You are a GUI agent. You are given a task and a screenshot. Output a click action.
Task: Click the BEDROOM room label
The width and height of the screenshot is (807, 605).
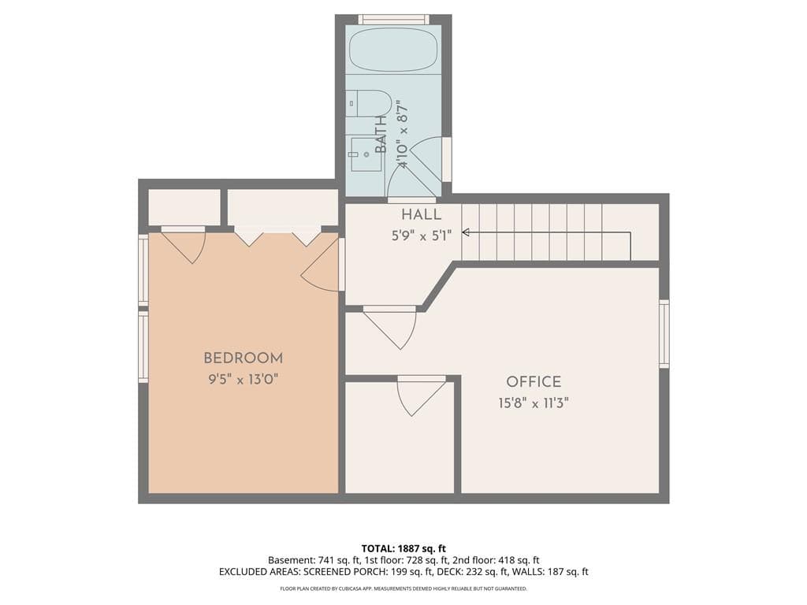click(x=244, y=358)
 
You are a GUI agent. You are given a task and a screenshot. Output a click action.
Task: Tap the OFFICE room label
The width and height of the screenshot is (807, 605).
click(x=534, y=382)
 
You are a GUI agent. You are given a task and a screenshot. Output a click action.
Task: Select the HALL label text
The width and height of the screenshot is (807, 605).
click(x=421, y=214)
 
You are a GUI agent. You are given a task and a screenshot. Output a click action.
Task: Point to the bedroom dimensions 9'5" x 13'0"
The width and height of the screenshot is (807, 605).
click(x=244, y=380)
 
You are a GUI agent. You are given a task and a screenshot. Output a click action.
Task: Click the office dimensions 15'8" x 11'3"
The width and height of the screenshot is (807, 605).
click(x=534, y=403)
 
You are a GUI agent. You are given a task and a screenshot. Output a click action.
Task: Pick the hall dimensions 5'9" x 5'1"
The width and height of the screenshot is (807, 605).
click(x=422, y=236)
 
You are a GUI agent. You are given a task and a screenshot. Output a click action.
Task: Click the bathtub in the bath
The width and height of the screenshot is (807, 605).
click(x=394, y=50)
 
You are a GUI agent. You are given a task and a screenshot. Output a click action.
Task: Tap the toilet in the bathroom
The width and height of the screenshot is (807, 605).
click(x=369, y=103)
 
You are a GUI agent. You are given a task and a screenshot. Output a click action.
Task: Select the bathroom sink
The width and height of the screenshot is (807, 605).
click(x=366, y=154)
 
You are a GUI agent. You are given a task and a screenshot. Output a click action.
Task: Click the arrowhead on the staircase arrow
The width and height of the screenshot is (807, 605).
click(x=465, y=232)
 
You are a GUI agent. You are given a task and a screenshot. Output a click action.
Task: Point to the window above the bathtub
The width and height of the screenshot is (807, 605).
click(x=394, y=20)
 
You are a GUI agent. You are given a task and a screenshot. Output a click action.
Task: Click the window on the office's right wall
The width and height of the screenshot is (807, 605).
click(x=664, y=334)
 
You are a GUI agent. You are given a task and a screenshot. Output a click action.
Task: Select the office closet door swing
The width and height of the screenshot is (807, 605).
click(x=421, y=396)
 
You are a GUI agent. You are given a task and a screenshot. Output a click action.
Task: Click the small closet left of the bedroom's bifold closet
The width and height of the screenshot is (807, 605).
click(x=184, y=207)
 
